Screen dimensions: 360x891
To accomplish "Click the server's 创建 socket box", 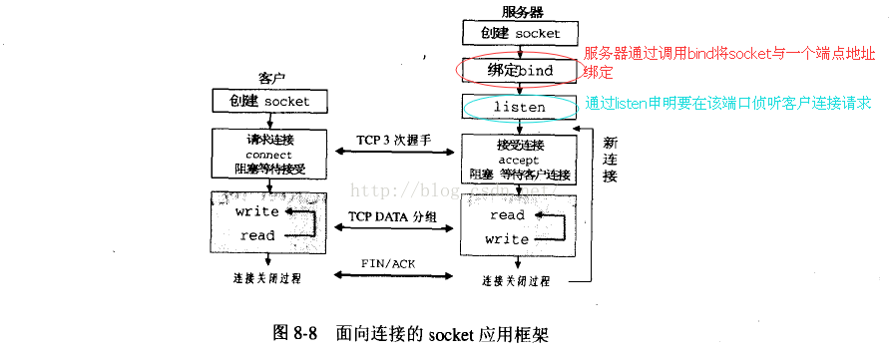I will [519, 33].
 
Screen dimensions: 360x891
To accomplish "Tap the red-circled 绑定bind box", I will [519, 71].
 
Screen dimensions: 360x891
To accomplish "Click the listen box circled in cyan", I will [519, 106].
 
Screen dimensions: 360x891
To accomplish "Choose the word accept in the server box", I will [519, 160].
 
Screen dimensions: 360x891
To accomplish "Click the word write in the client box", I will [256, 212].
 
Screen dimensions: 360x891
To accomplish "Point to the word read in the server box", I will [507, 215].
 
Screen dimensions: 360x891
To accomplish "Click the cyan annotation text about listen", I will [728, 103].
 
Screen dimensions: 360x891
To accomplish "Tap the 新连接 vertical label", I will [611, 159].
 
